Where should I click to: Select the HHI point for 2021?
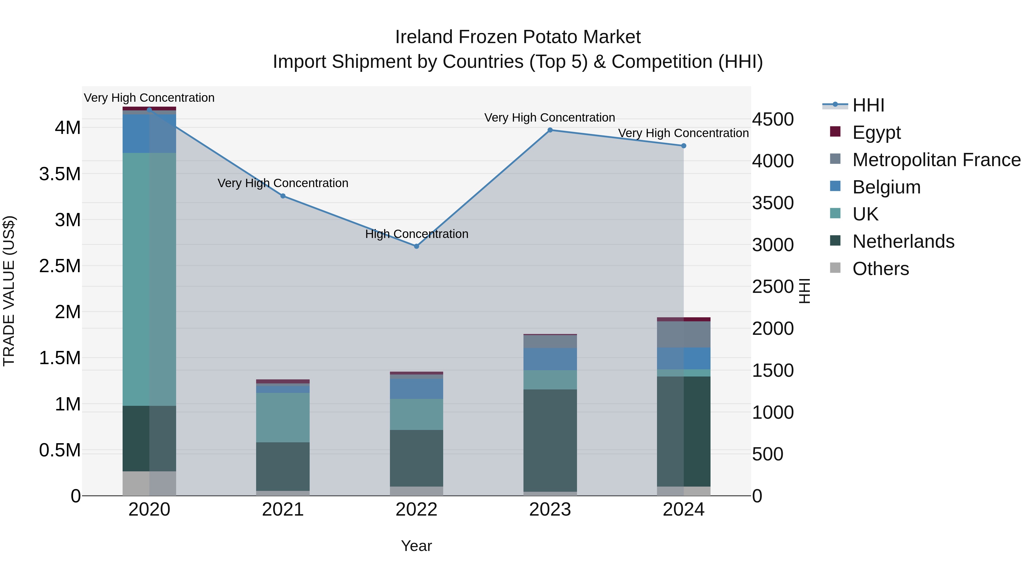[283, 196]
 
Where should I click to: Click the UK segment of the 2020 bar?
[149, 279]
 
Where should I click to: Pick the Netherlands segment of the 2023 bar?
[550, 440]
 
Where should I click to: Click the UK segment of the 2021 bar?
[283, 418]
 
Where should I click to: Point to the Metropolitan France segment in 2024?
[684, 334]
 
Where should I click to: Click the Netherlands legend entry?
[903, 241]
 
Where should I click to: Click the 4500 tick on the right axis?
[773, 119]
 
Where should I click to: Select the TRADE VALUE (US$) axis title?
[9, 291]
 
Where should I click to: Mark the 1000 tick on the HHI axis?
[773, 412]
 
